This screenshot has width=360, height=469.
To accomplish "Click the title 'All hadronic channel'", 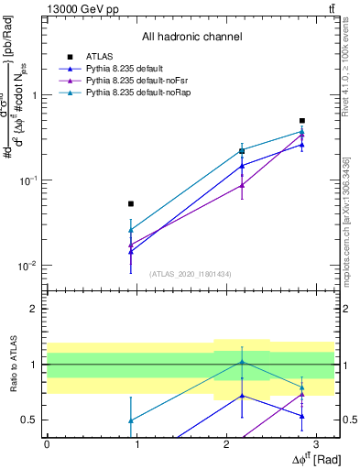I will pos(191,38).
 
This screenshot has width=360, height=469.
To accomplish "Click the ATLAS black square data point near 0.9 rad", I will pos(131,203).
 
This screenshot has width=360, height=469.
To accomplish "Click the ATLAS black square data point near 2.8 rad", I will pos(302,121).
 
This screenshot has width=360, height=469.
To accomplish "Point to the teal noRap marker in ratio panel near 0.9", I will pos(131,420).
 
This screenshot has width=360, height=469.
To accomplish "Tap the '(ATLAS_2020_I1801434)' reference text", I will pos(191,274).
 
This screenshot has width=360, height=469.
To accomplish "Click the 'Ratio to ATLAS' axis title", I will pos(12,364).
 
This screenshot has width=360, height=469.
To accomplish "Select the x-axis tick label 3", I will pos(315,445).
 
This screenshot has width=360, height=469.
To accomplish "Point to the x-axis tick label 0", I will pos(47,445).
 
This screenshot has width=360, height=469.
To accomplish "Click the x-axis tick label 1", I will pos(136,445).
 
